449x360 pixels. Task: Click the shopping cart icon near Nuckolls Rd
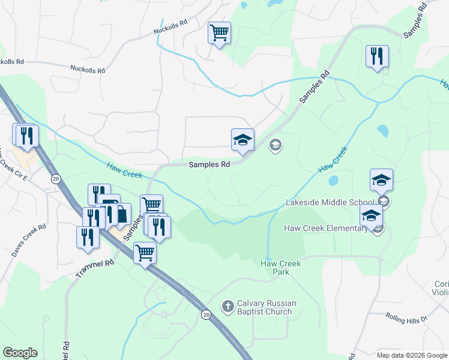[219, 32]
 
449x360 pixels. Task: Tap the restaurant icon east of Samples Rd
[377, 57]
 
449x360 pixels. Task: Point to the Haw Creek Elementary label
[326, 228]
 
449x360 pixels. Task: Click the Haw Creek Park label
[280, 268]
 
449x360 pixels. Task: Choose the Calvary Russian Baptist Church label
[264, 307]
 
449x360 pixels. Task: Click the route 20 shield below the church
[205, 314]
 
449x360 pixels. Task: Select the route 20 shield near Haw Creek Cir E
[56, 179]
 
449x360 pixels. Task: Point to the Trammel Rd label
[95, 268]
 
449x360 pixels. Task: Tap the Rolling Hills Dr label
[406, 317]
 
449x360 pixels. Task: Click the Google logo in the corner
[20, 353]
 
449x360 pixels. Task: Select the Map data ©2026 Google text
[412, 355]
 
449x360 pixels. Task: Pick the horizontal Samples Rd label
[209, 164]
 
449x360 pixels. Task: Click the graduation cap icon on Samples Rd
[243, 140]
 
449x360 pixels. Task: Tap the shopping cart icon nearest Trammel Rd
[145, 253]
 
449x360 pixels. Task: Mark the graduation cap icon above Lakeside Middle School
[381, 179]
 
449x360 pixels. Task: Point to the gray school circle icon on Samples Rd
[276, 145]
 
